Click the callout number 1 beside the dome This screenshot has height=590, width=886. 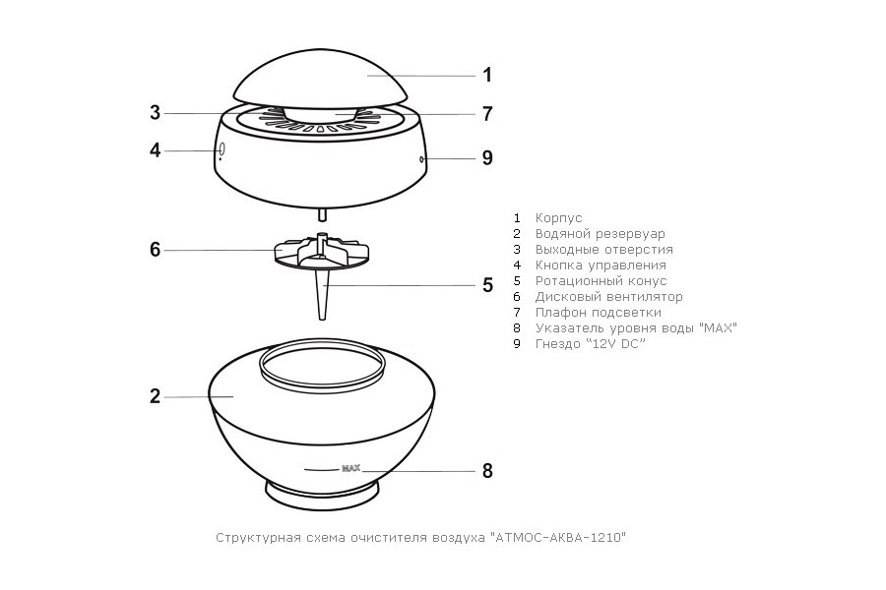pyautogui.click(x=487, y=75)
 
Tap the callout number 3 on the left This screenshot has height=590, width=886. pyautogui.click(x=156, y=113)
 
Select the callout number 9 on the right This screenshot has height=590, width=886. pyautogui.click(x=487, y=158)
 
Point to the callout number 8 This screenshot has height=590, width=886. pyautogui.click(x=487, y=470)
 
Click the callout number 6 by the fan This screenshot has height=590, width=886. pyautogui.click(x=156, y=250)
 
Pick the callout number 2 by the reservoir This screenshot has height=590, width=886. pyautogui.click(x=156, y=396)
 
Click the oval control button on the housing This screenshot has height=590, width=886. pyautogui.click(x=221, y=149)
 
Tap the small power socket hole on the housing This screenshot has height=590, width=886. pyautogui.click(x=422, y=159)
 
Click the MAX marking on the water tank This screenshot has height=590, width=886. pyautogui.click(x=350, y=469)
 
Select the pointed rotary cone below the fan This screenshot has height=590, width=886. pyautogui.click(x=323, y=295)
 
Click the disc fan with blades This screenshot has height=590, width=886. pyautogui.click(x=322, y=253)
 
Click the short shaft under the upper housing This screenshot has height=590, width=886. pyautogui.click(x=322, y=215)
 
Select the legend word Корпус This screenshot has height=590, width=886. pyautogui.click(x=558, y=218)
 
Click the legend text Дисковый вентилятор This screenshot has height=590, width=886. pyautogui.click(x=609, y=296)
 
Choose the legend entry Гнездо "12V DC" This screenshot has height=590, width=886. pyautogui.click(x=590, y=344)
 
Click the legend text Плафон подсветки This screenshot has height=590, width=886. pyautogui.click(x=599, y=313)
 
